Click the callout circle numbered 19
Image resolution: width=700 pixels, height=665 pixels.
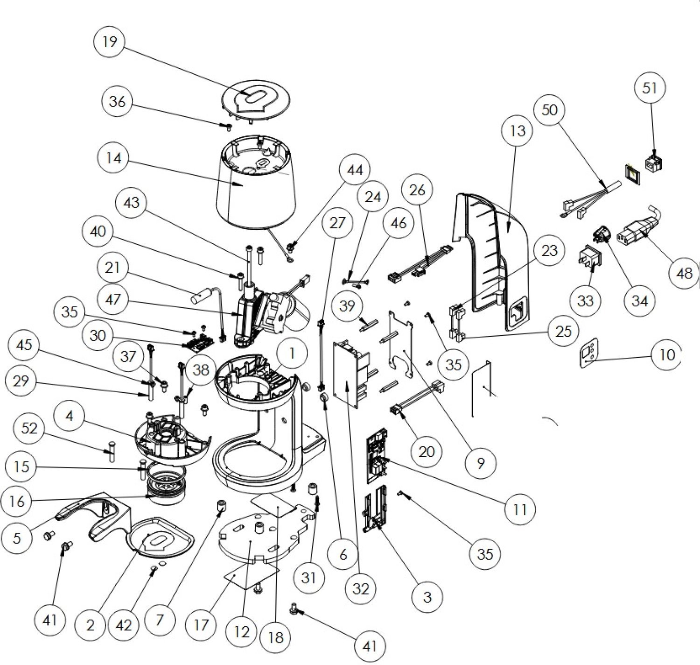tap(110, 42)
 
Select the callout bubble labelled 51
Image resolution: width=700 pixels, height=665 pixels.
tap(650, 88)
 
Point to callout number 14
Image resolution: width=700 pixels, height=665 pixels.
tap(114, 158)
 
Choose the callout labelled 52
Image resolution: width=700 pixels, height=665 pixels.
tap(29, 428)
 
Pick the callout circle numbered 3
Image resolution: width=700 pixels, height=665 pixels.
tap(427, 596)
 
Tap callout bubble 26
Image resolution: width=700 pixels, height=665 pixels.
tap(417, 190)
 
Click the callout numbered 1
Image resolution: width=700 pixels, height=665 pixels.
tap(292, 354)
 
